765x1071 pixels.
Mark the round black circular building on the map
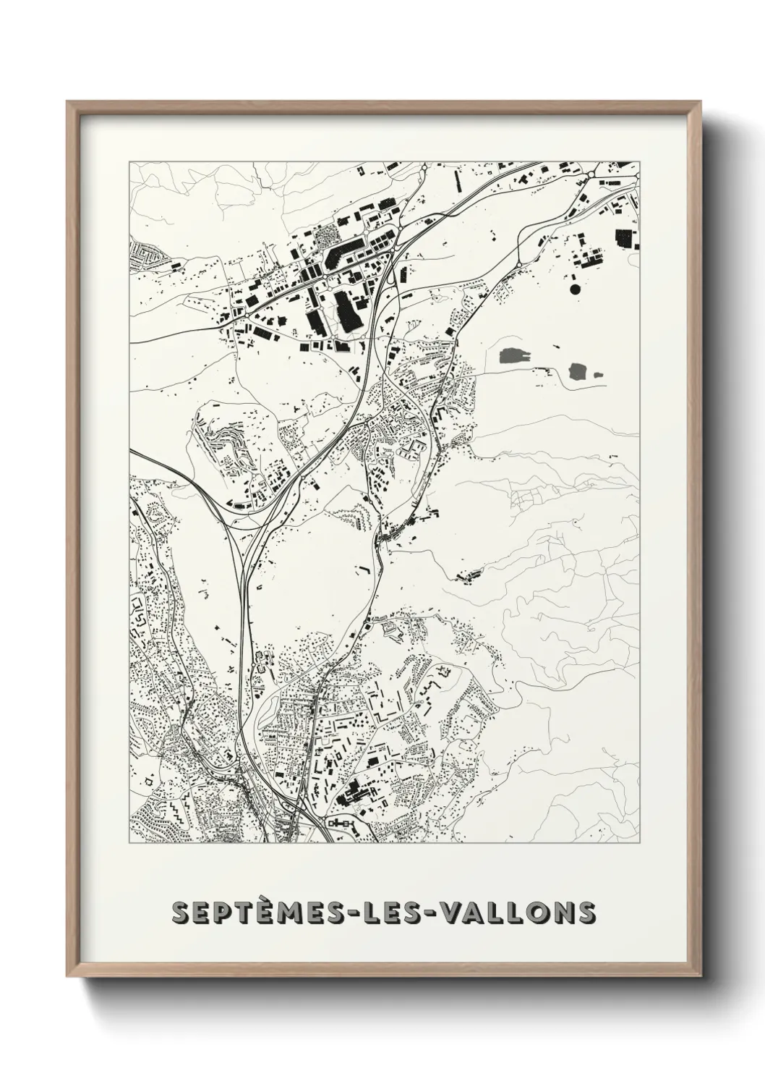coord(576,289)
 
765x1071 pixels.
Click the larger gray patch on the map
coord(514,355)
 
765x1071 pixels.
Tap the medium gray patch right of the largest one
coord(578,372)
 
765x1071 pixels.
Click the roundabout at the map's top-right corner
coord(591,174)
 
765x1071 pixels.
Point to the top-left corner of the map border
coord(129,162)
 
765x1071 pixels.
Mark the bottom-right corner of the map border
coord(640,842)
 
